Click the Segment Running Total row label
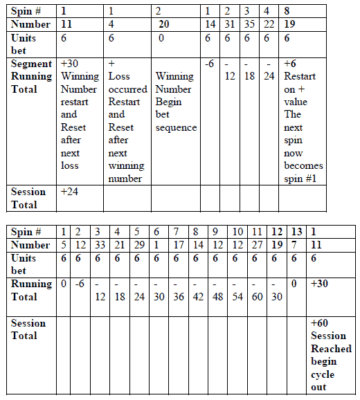click(31, 76)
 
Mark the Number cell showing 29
click(138, 245)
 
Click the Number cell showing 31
click(231, 24)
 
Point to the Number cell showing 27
click(258, 245)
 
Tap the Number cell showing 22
click(270, 24)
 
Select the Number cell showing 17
click(178, 245)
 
